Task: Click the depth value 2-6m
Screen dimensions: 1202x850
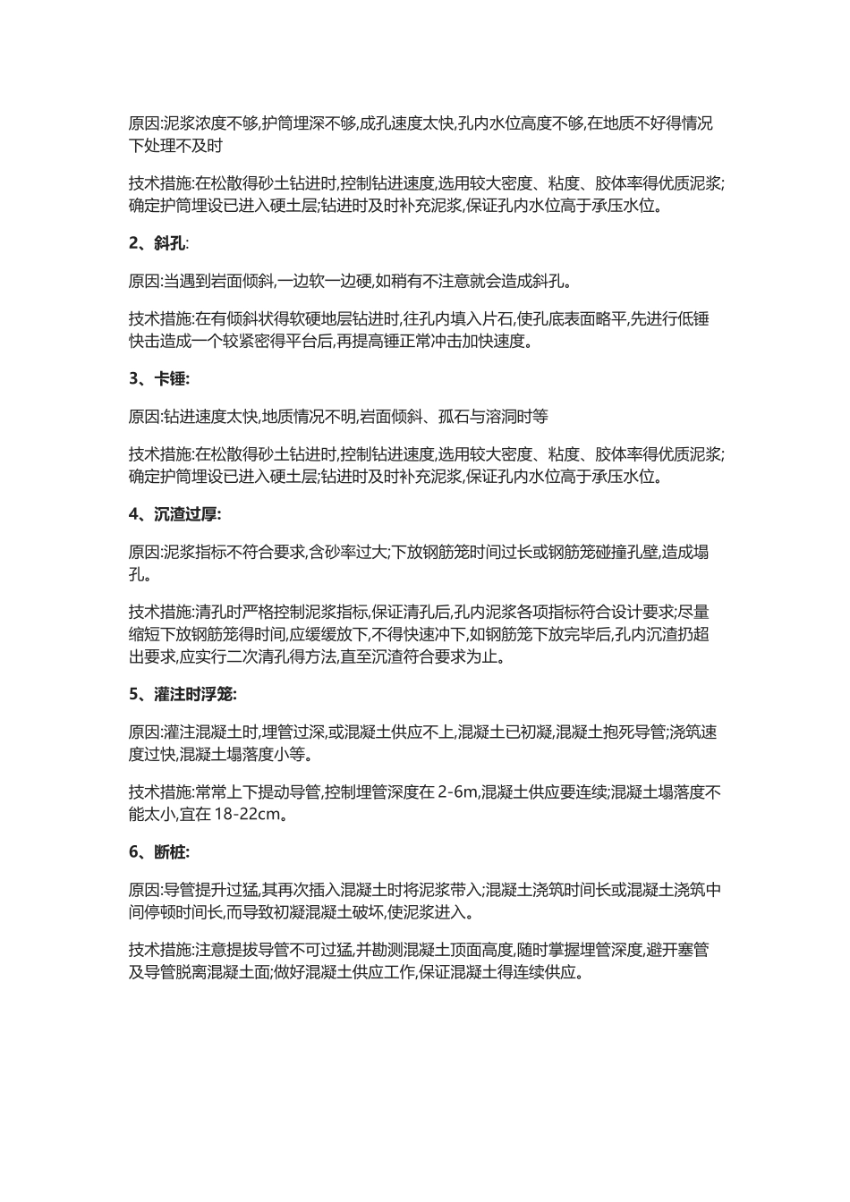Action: (x=458, y=792)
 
